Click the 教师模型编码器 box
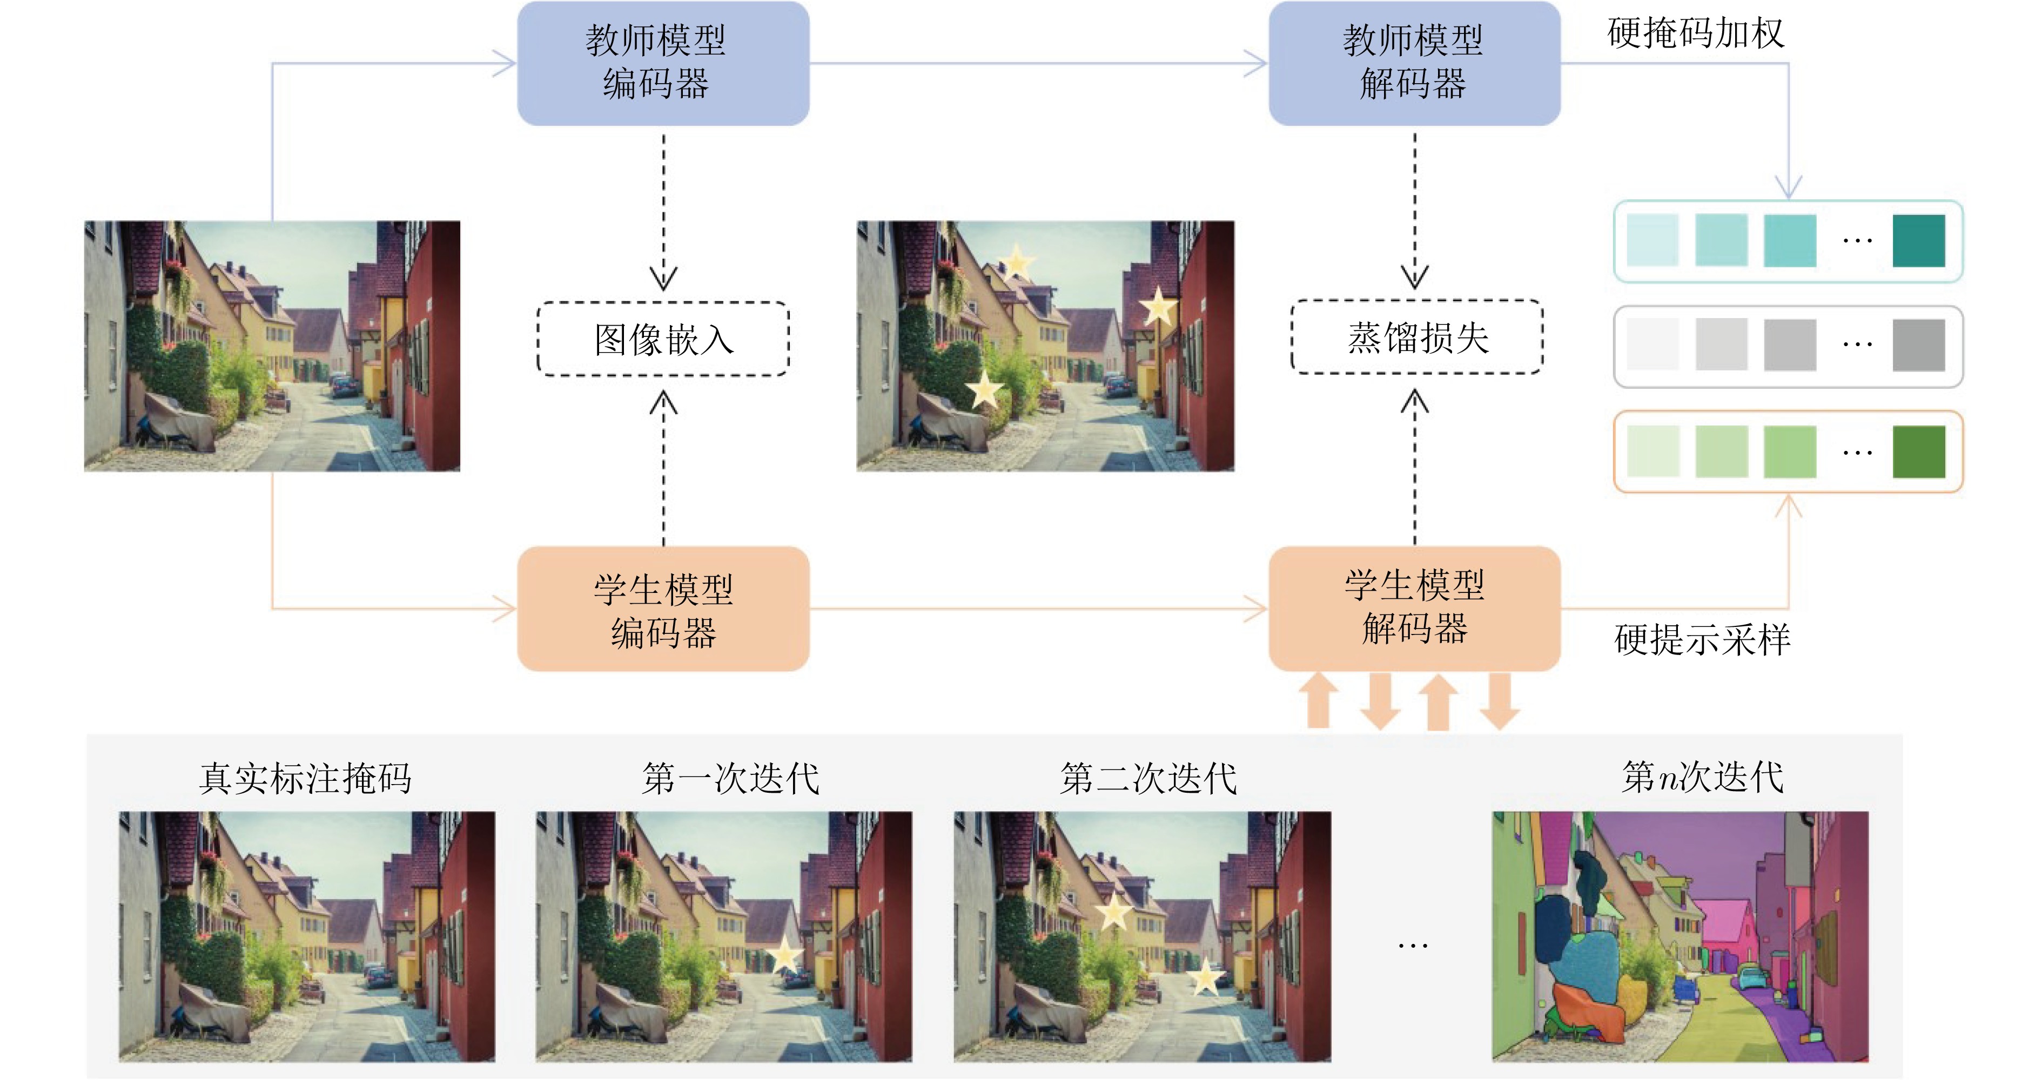(x=663, y=63)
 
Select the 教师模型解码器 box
(x=1414, y=63)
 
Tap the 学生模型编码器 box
(x=663, y=609)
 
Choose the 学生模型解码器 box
(x=1414, y=609)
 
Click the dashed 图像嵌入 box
(x=663, y=339)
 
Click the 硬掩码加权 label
(x=1696, y=33)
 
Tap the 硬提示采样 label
(x=1702, y=639)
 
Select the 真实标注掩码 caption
(x=305, y=778)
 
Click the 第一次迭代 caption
(x=730, y=778)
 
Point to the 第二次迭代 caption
(x=1148, y=778)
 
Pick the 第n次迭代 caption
(x=1703, y=777)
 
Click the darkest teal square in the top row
(x=1918, y=241)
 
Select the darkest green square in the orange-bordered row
(x=1918, y=451)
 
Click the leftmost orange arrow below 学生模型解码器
(x=1318, y=700)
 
